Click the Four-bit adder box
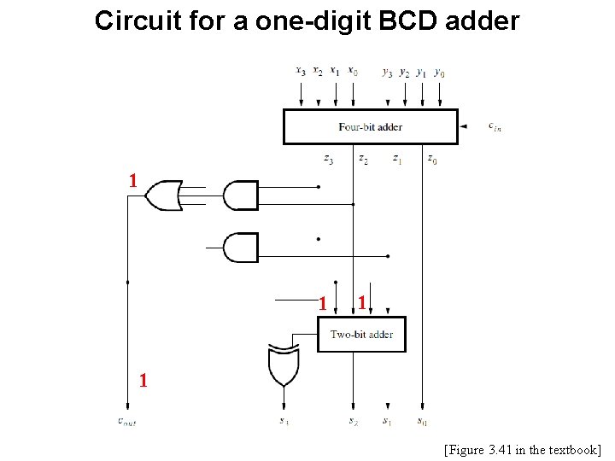[x=370, y=126]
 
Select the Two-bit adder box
[x=361, y=334]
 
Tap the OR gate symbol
[x=163, y=195]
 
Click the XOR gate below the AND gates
[x=283, y=365]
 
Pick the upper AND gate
[x=240, y=195]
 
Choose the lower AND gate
[x=240, y=248]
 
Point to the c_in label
[x=495, y=126]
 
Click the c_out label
[x=126, y=421]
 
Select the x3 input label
[x=301, y=72]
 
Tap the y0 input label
[x=439, y=72]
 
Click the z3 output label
[x=329, y=159]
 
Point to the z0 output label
[x=432, y=159]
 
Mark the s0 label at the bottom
[x=422, y=421]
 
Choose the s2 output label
[x=353, y=421]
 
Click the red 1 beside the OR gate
[x=132, y=180]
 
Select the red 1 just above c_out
[x=143, y=382]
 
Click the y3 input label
[x=388, y=72]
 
